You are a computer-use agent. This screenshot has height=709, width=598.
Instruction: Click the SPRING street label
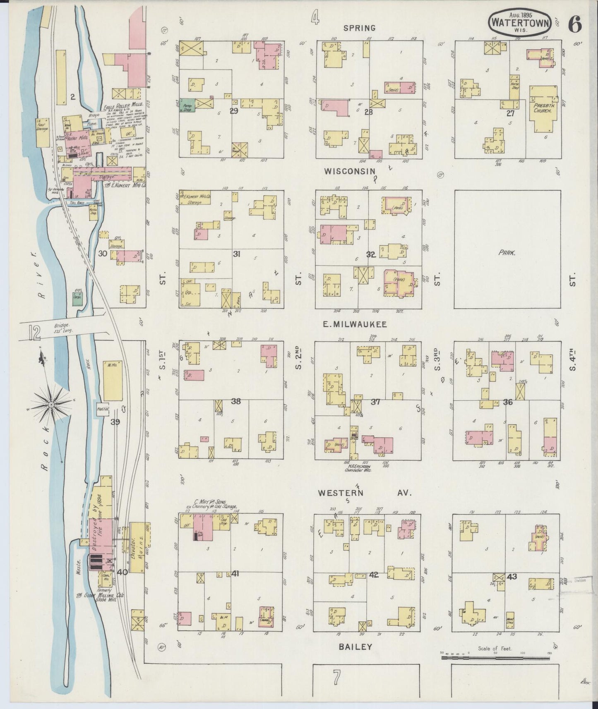pos(359,28)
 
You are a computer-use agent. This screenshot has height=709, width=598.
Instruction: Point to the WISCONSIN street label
pos(349,171)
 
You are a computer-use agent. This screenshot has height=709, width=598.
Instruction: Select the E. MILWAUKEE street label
pos(355,325)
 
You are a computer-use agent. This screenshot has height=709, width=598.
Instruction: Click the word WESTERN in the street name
pos(340,493)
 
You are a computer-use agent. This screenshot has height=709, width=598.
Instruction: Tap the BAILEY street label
pos(355,647)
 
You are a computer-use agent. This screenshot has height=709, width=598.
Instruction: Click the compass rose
pos(51,403)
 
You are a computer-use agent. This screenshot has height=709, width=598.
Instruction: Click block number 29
pos(234,111)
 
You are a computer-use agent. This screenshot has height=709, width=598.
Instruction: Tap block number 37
pos(375,402)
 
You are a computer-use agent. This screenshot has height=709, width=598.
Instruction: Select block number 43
pos(512,576)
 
